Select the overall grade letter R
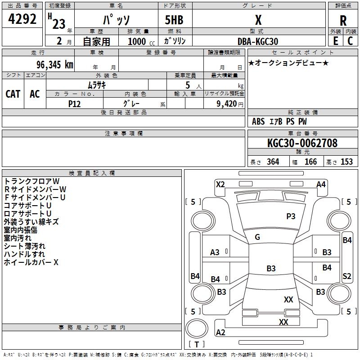pos(343,20)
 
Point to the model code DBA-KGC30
pos(258,41)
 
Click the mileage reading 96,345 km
pos(51,65)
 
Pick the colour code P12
pos(75,103)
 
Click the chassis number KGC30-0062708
pos(302,143)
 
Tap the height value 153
pos(346,162)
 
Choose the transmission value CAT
pos(13,94)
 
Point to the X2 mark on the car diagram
pos(220,184)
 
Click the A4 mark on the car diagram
pos(321,184)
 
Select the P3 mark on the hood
pos(291,216)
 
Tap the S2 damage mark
pos(346,276)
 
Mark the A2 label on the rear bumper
pos(220,333)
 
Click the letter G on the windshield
pos(257,237)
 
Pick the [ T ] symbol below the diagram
pos(197,345)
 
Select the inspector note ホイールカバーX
pos(31,262)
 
